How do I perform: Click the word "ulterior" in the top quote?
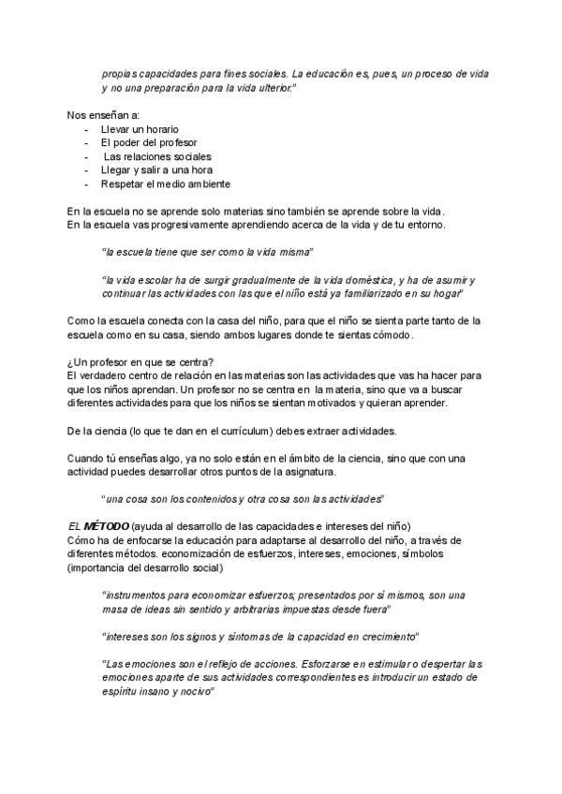coord(270,87)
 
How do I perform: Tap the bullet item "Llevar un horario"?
coord(140,128)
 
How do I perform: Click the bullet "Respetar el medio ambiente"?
coord(166,184)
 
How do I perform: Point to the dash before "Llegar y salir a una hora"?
coord(87,170)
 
